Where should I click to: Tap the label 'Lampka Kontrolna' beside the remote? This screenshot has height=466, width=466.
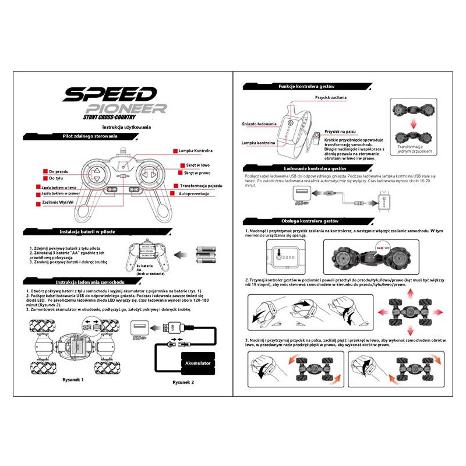[195, 150]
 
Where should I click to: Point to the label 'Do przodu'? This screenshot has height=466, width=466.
[59, 171]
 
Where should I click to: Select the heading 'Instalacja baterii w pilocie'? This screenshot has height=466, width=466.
[90, 231]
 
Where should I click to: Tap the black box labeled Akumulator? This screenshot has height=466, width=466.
[198, 363]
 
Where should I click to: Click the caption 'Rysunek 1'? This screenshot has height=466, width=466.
[73, 380]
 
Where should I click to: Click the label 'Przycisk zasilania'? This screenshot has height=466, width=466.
[331, 97]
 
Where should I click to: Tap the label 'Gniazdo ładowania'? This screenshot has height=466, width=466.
[259, 123]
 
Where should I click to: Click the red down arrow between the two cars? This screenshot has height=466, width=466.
[412, 124]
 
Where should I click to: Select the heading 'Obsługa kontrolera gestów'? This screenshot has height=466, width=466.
[310, 221]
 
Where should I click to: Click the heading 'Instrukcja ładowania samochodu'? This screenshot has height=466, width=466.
[90, 281]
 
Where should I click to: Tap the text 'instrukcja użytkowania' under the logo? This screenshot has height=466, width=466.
[126, 127]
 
